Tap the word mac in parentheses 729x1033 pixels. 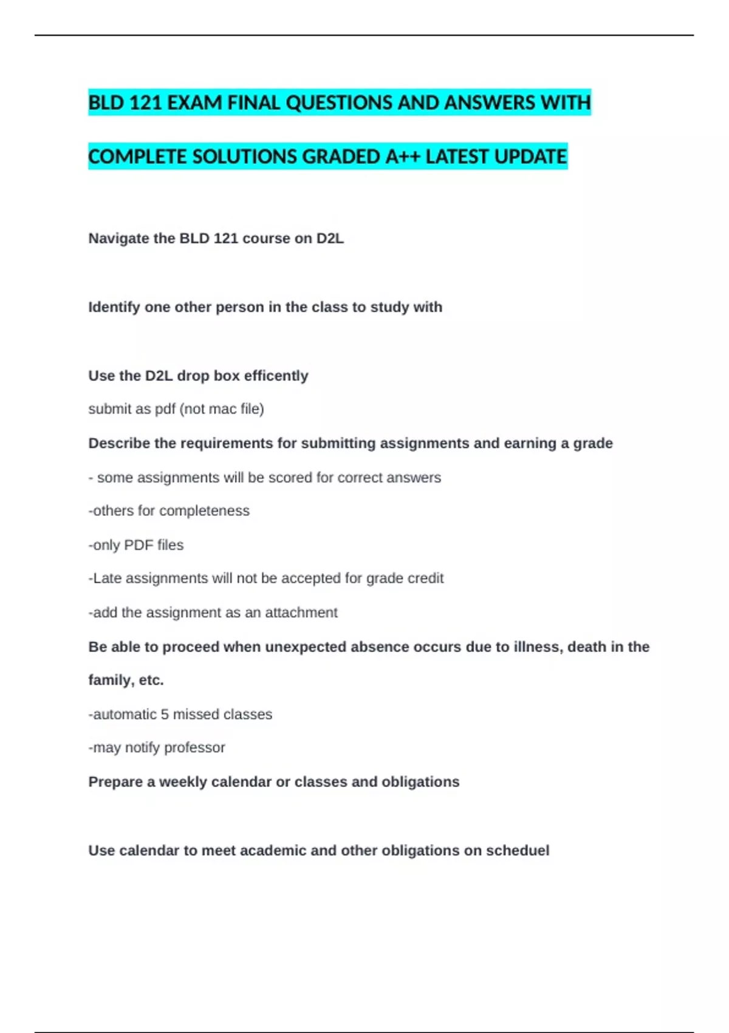(222, 409)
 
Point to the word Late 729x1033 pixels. (108, 578)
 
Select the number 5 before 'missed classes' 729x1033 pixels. (165, 714)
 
